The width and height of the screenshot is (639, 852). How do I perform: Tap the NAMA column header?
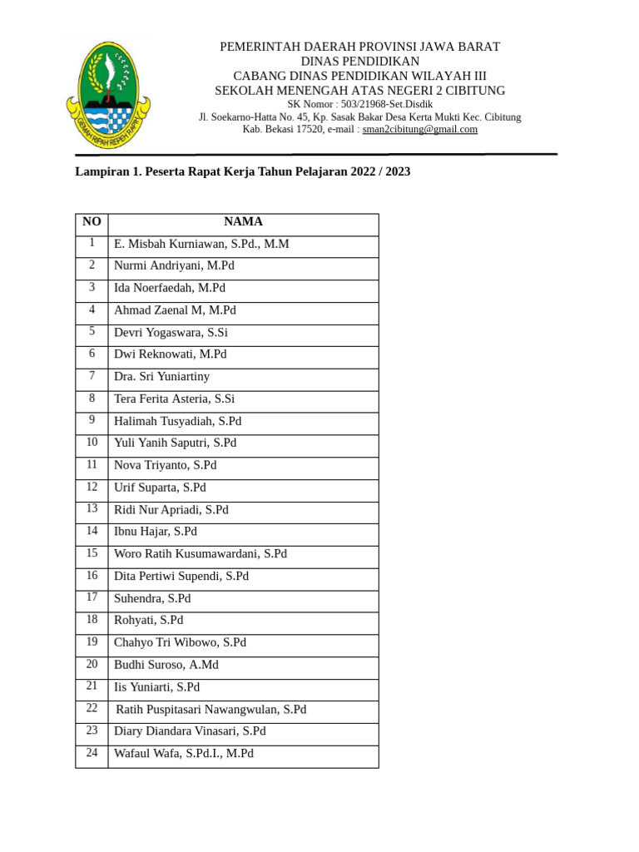coord(243,221)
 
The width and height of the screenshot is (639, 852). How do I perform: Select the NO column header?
coord(92,221)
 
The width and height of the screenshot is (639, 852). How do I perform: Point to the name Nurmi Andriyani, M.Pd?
coord(174,265)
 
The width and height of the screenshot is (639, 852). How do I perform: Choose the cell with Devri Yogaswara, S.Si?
coord(171,332)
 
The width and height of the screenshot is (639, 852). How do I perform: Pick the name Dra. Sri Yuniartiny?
coord(161,376)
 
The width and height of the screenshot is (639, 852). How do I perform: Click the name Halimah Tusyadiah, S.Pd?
coord(177,421)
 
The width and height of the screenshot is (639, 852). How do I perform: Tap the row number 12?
coord(92,487)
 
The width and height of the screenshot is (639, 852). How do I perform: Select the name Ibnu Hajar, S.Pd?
coord(156,531)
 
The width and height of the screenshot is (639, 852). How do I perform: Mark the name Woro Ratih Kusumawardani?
coord(201,553)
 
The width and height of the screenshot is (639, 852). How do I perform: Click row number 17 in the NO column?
coord(92,597)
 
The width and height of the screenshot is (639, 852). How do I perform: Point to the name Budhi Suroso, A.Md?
coord(166,665)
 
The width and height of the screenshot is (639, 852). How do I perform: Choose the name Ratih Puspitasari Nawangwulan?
coord(211,710)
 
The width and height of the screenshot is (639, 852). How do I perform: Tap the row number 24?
coord(92,753)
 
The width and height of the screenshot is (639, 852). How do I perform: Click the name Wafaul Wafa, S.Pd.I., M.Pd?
coord(184,753)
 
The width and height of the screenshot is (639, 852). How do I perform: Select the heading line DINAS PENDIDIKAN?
coord(359,62)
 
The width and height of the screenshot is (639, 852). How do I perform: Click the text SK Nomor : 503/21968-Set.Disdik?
coord(359,104)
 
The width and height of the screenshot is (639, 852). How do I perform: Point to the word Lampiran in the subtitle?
coord(102,172)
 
